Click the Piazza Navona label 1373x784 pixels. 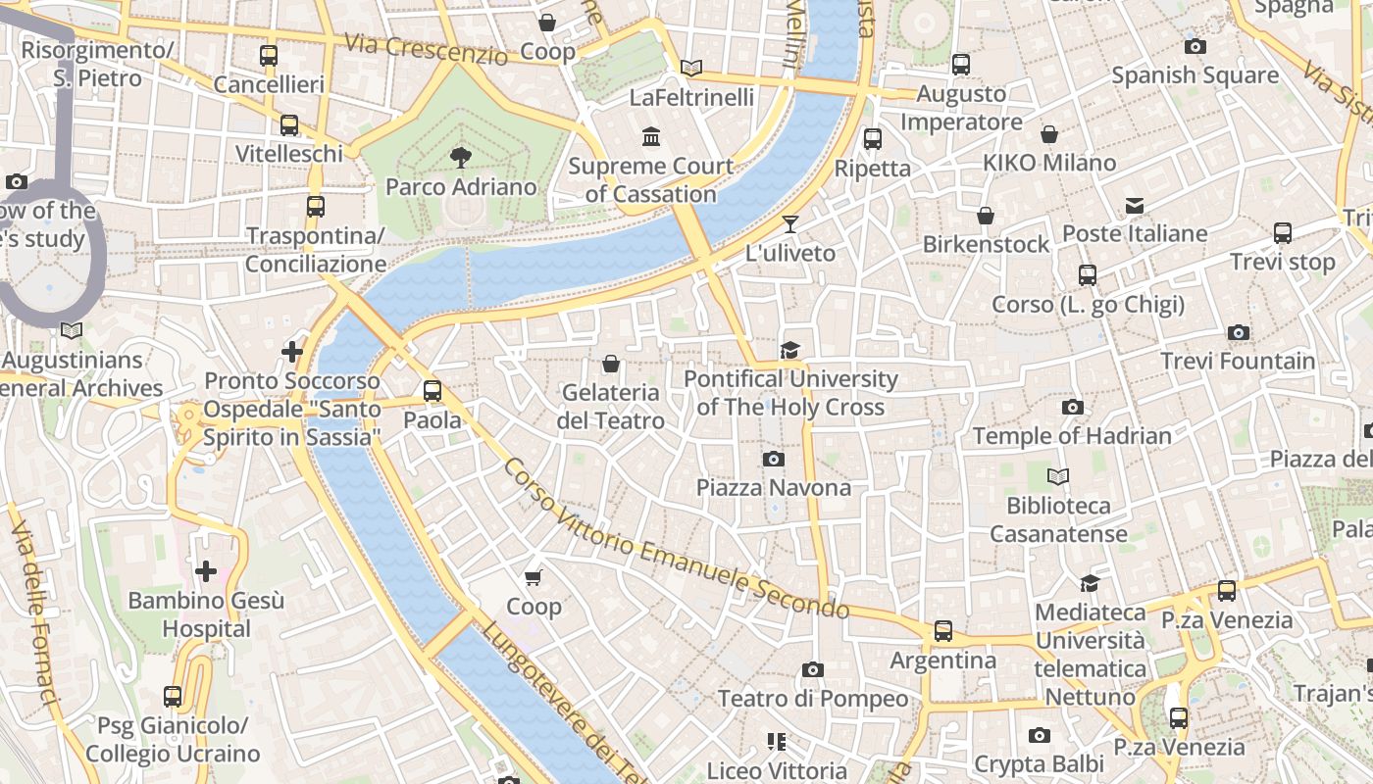coord(774,487)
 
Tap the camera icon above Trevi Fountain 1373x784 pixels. coord(1238,333)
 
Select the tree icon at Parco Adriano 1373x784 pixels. coord(460,158)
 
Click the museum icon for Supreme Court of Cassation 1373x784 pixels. coord(650,136)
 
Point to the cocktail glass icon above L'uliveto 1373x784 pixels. coord(789,224)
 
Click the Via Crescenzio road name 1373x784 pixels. coord(427,49)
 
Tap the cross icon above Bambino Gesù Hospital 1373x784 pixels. coord(206,570)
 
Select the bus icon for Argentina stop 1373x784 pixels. coord(942,631)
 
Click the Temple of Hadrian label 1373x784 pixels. coord(1072,435)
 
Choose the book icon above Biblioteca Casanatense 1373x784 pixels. coord(1057,477)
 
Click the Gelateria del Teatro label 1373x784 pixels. coord(612,407)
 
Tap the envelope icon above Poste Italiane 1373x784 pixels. coord(1135,205)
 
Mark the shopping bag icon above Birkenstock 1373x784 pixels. coord(986,216)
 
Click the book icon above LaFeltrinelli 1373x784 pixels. coord(691,68)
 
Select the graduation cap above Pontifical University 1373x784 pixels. coord(789,350)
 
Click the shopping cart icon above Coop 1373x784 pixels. coord(534,577)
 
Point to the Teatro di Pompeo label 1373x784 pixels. coord(813,699)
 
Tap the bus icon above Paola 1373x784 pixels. coord(432,391)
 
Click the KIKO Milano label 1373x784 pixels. coord(1049,163)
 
